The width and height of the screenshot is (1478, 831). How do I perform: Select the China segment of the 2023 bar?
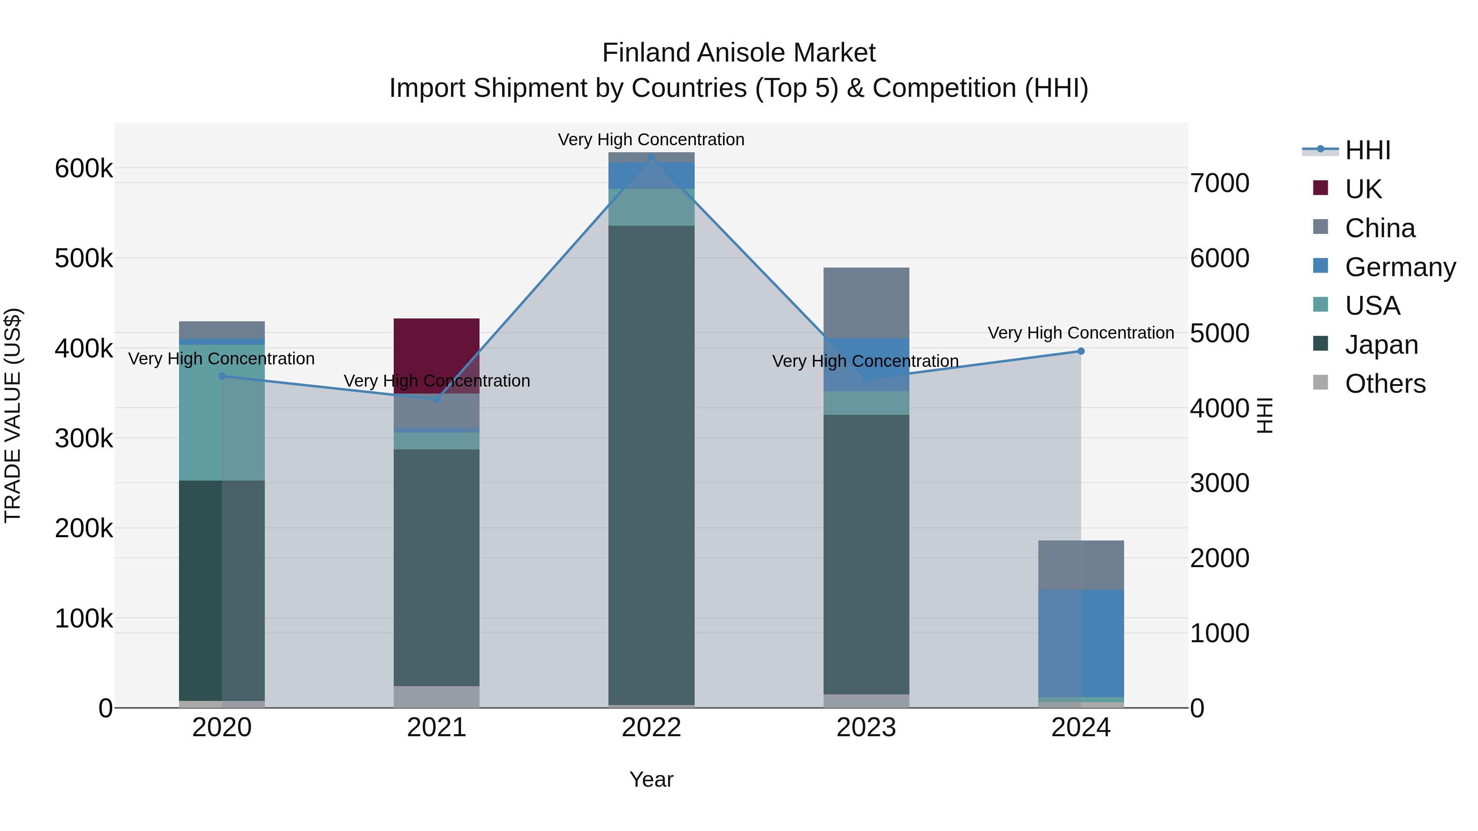pyautogui.click(x=866, y=303)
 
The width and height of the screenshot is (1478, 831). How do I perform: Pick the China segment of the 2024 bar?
pyautogui.click(x=1081, y=565)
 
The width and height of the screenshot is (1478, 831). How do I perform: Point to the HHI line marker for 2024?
pyautogui.click(x=1081, y=351)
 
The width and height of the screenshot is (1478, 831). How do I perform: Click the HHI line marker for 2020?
pyautogui.click(x=222, y=376)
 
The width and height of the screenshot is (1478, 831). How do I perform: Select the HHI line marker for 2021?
pyautogui.click(x=437, y=399)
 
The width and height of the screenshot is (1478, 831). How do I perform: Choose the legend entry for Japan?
pyautogui.click(x=1381, y=345)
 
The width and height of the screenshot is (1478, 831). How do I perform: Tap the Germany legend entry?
pyautogui.click(x=1400, y=267)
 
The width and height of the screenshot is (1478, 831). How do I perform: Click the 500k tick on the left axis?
pyautogui.click(x=84, y=259)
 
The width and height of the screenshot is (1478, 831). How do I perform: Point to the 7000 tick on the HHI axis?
pyautogui.click(x=1219, y=183)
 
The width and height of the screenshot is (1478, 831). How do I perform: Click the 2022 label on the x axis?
pyautogui.click(x=651, y=728)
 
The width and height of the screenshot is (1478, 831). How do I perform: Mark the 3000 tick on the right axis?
pyautogui.click(x=1219, y=483)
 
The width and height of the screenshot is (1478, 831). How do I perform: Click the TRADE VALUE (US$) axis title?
pyautogui.click(x=13, y=415)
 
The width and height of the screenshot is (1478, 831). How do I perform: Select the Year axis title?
pyautogui.click(x=651, y=779)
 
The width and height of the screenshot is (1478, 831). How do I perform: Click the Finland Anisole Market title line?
pyautogui.click(x=739, y=53)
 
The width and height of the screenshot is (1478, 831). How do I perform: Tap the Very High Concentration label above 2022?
pyautogui.click(x=651, y=140)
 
